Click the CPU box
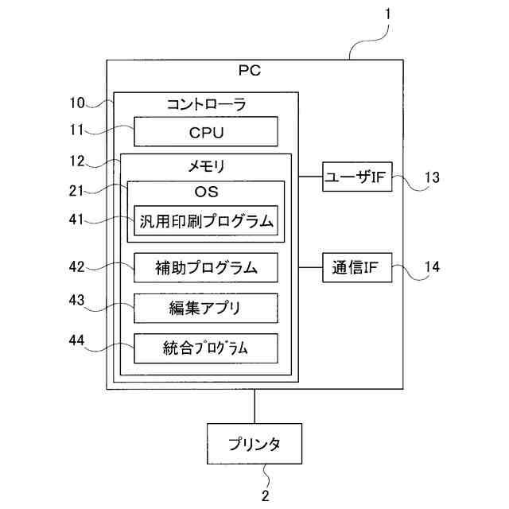click(x=206, y=131)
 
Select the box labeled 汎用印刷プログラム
click(x=206, y=220)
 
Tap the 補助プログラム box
click(x=206, y=267)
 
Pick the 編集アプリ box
click(x=206, y=308)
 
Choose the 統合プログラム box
click(x=206, y=348)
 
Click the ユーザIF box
click(x=357, y=177)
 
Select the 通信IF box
click(x=357, y=267)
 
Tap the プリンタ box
click(x=254, y=444)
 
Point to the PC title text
click(x=250, y=71)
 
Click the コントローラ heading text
click(x=207, y=104)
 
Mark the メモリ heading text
click(x=207, y=166)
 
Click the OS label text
click(x=207, y=192)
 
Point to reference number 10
click(x=77, y=103)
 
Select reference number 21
click(x=76, y=191)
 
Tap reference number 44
click(x=76, y=340)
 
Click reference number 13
click(x=432, y=177)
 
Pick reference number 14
click(x=432, y=267)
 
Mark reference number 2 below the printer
click(x=265, y=495)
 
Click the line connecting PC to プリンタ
click(x=254, y=406)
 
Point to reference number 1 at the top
click(x=387, y=14)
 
